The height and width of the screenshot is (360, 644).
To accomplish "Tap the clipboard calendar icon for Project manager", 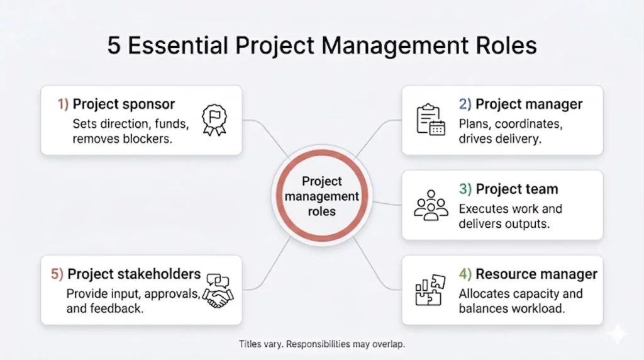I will coord(430,120).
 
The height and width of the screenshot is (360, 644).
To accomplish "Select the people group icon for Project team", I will coord(431,205).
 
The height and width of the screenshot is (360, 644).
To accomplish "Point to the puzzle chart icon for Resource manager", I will coord(430,290).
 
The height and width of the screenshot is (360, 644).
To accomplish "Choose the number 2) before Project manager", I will coord(465,104).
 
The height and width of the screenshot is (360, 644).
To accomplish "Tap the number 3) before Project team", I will coord(465,189).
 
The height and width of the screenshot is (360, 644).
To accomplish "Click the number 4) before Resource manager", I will coord(465,274).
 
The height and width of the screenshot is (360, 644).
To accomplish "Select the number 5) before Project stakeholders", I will coord(57,274).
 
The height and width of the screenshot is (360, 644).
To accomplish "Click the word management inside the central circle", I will coord(322,196).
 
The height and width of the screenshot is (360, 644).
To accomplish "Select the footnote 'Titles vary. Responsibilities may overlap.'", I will coord(322,344).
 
